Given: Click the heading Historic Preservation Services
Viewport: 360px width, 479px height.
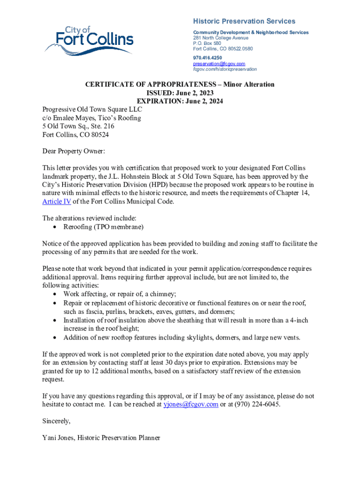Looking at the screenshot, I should (244, 22).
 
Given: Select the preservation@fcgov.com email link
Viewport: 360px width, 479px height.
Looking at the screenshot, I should (219, 64).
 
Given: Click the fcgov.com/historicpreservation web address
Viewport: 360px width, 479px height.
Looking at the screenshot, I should (224, 69).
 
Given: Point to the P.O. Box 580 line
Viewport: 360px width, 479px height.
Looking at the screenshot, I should (207, 44).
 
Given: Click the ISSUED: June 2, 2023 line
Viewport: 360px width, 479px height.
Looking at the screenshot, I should (180, 93).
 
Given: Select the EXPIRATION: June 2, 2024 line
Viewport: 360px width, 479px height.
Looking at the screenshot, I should (180, 101).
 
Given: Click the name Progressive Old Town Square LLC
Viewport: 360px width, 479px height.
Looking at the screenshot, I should (92, 110).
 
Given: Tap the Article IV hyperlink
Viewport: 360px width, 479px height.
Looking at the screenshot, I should (57, 202).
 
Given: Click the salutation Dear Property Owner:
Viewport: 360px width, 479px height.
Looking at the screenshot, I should (73, 152).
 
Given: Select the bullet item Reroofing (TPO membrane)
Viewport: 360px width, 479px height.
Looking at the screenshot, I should (103, 227).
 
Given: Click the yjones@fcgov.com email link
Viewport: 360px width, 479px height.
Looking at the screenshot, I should (191, 405).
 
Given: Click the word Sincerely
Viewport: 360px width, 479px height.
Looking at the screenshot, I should (56, 421).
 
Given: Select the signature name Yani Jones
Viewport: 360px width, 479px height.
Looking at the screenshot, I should (58, 438).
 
